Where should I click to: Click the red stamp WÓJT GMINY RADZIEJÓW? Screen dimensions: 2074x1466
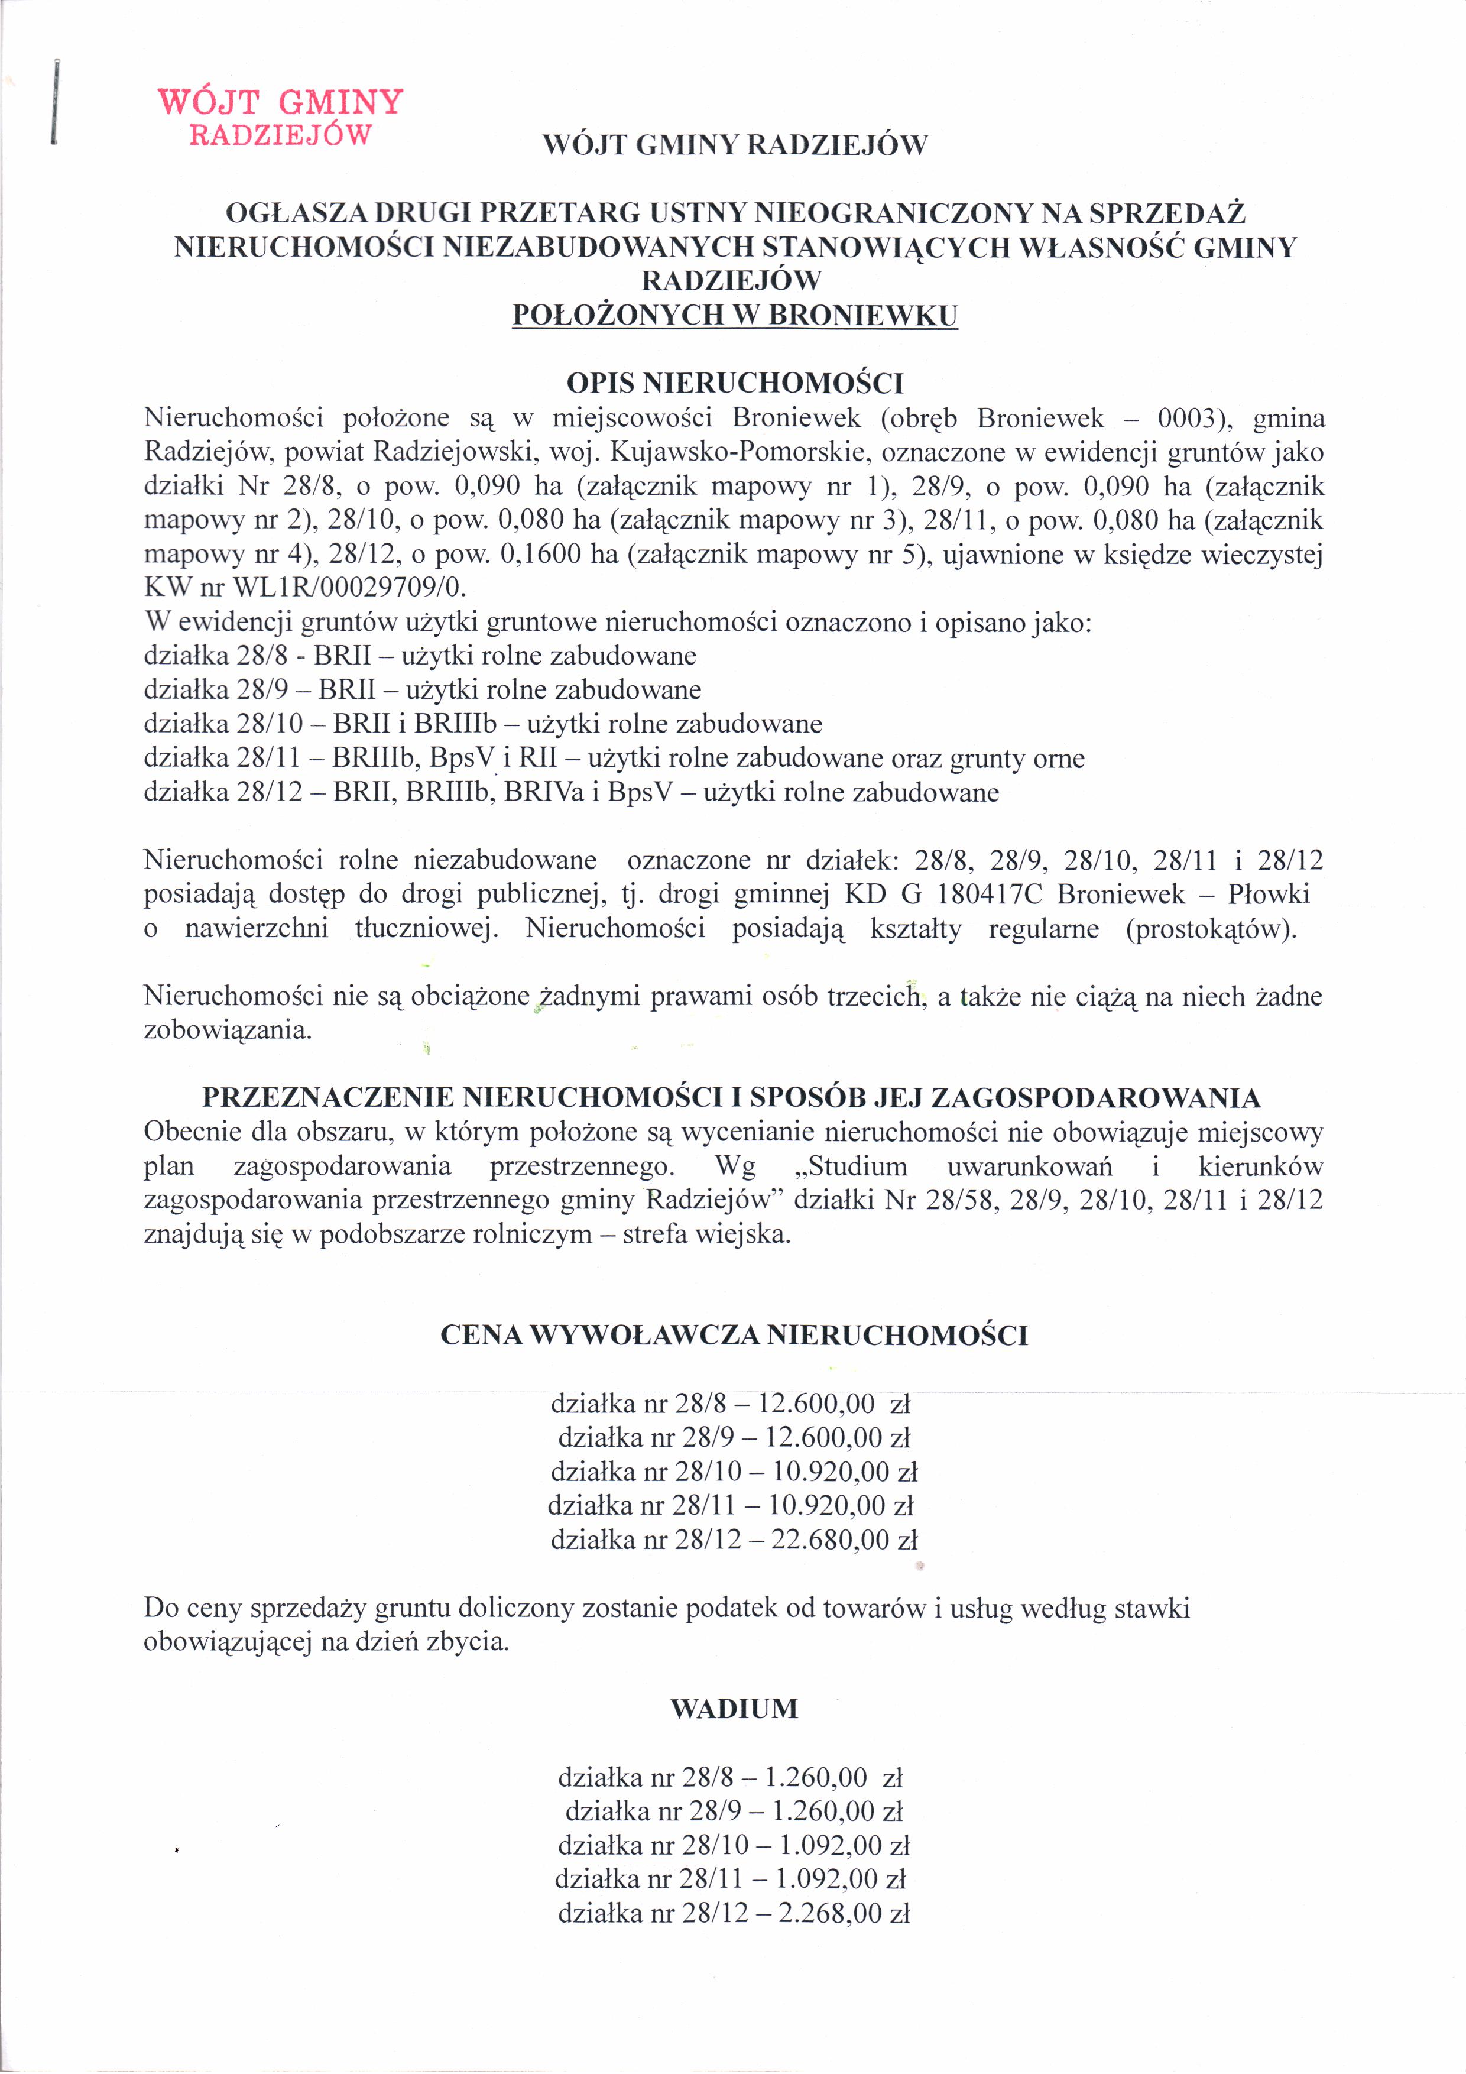[x=280, y=116]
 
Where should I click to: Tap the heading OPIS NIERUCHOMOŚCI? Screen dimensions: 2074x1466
[x=734, y=384]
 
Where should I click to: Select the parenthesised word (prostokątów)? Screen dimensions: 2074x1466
[x=1211, y=929]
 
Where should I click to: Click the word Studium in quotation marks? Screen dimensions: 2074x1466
[x=852, y=1166]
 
